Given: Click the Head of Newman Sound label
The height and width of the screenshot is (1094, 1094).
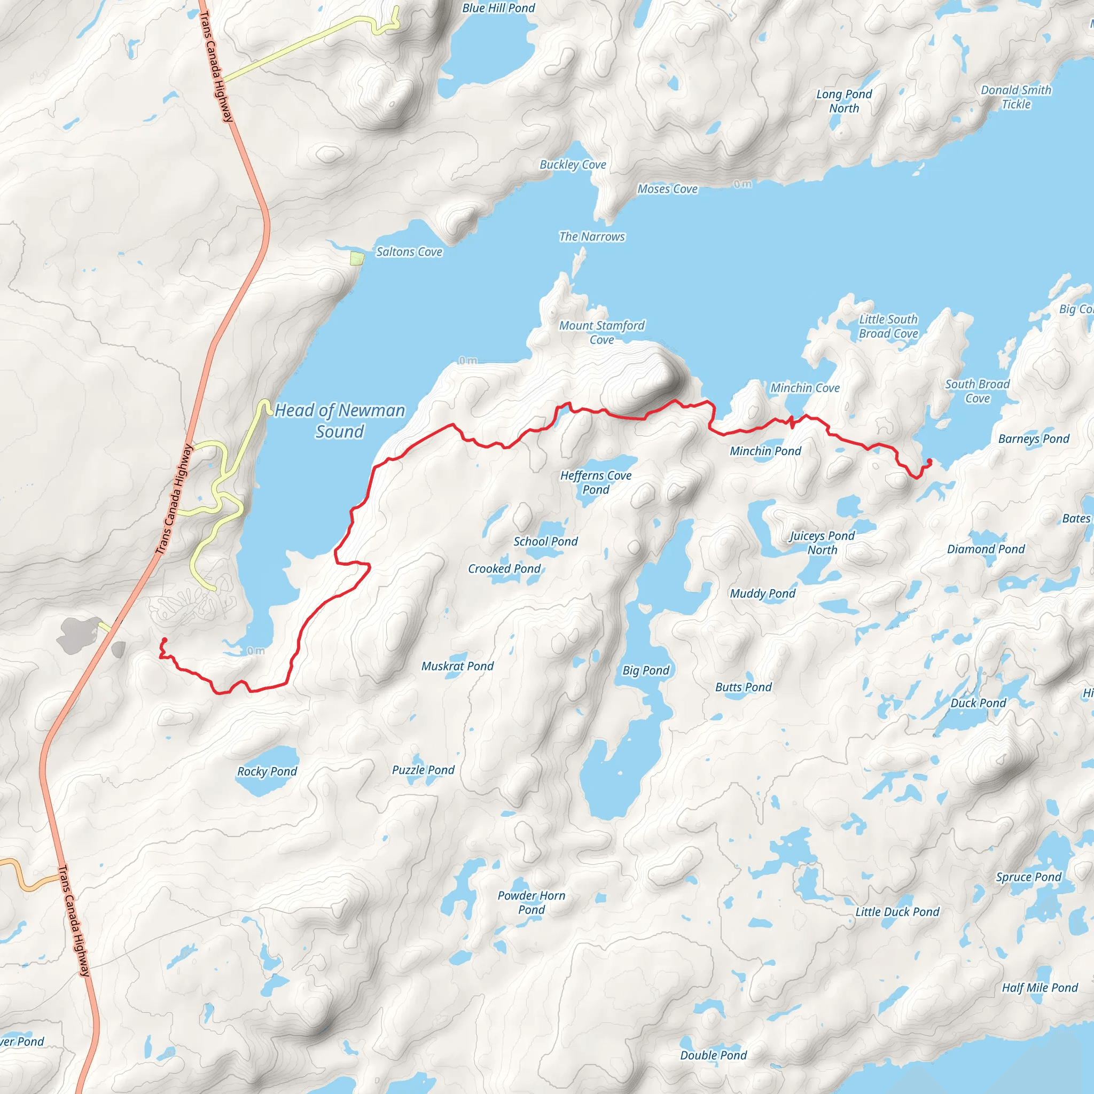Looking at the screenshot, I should [340, 421].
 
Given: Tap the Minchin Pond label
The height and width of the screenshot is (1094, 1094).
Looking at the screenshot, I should [765, 451].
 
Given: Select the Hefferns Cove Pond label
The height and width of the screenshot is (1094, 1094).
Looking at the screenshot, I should [596, 482].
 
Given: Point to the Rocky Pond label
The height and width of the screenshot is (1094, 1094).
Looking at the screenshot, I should [267, 771].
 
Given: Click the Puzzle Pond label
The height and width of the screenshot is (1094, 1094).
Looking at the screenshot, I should [423, 770].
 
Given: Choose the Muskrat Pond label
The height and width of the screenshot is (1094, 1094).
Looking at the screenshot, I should [457, 667].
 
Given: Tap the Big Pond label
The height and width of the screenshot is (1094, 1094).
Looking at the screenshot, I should [645, 670].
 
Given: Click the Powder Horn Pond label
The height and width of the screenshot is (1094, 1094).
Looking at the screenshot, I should [531, 903].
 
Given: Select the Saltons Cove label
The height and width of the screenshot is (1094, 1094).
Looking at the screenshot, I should [409, 252].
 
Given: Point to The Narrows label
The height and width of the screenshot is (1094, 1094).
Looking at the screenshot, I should [592, 237].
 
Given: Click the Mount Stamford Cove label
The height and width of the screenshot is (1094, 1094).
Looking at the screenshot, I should [601, 332].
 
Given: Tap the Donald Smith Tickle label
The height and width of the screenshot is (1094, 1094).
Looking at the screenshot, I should [1016, 97].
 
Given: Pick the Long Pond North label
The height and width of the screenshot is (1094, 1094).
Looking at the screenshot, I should [843, 101].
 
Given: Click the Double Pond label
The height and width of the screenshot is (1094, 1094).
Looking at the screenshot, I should [713, 1056].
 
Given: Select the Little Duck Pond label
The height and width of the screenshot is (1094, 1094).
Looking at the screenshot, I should [897, 912].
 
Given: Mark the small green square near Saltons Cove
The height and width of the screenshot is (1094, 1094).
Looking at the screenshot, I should [357, 259].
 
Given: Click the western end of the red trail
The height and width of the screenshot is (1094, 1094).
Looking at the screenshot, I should [164, 640].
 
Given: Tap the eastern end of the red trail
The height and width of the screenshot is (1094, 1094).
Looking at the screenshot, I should [929, 461].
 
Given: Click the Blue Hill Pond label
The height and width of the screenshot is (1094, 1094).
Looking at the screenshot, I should [498, 8].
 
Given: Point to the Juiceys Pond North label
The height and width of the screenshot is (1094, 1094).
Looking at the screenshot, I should [822, 543].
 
